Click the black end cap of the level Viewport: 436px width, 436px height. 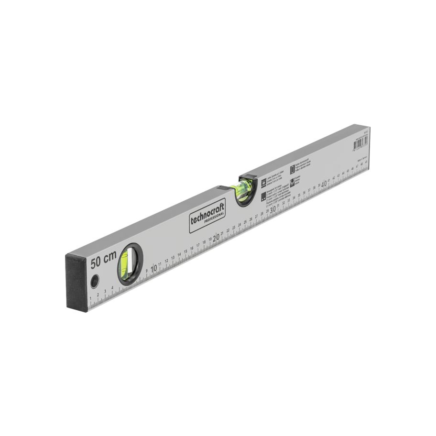tap(76, 282)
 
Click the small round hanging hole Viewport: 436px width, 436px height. tap(95, 281)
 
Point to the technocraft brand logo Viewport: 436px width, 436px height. tap(207, 214)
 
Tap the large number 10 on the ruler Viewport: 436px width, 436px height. tap(154, 269)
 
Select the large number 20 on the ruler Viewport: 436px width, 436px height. tap(216, 237)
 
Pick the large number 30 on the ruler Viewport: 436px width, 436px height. tap(273, 209)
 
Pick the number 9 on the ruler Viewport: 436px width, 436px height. tap(147, 271)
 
